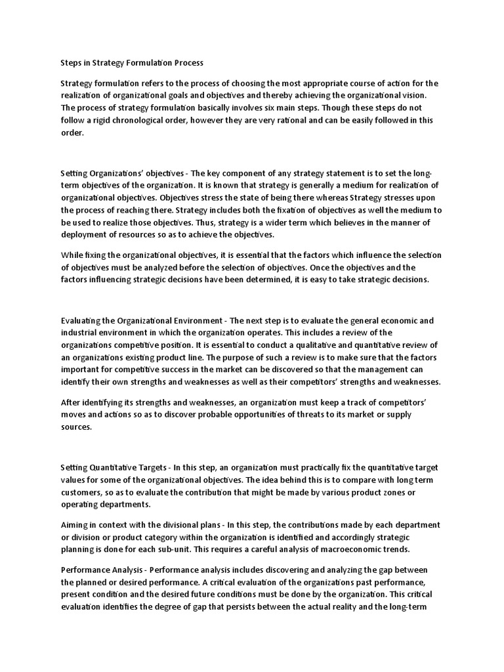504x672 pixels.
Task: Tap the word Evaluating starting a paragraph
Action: pyautogui.click(x=82, y=321)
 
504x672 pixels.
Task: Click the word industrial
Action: pyautogui.click(x=82, y=333)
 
